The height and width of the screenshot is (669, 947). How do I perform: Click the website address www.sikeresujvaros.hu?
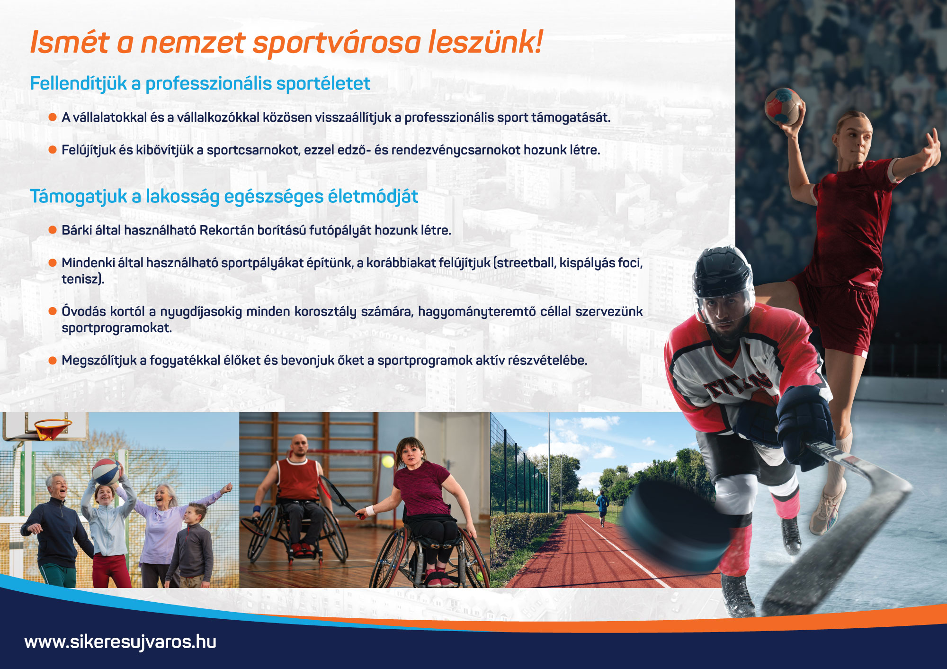120,642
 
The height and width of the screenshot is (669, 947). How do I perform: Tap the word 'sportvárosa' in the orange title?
337,43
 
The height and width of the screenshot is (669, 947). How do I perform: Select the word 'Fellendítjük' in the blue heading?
79,84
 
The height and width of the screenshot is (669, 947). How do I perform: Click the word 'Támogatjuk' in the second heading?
79,197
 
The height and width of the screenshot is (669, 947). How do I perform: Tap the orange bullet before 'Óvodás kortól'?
53,312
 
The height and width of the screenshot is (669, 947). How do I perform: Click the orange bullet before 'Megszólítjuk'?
53,361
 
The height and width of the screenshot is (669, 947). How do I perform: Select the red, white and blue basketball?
107,471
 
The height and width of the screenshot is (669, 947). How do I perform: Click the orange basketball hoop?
53,428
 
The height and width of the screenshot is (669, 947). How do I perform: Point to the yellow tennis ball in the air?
388,461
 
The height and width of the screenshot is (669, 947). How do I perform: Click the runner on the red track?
602,508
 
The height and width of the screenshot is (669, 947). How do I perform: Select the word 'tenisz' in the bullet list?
81,279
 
